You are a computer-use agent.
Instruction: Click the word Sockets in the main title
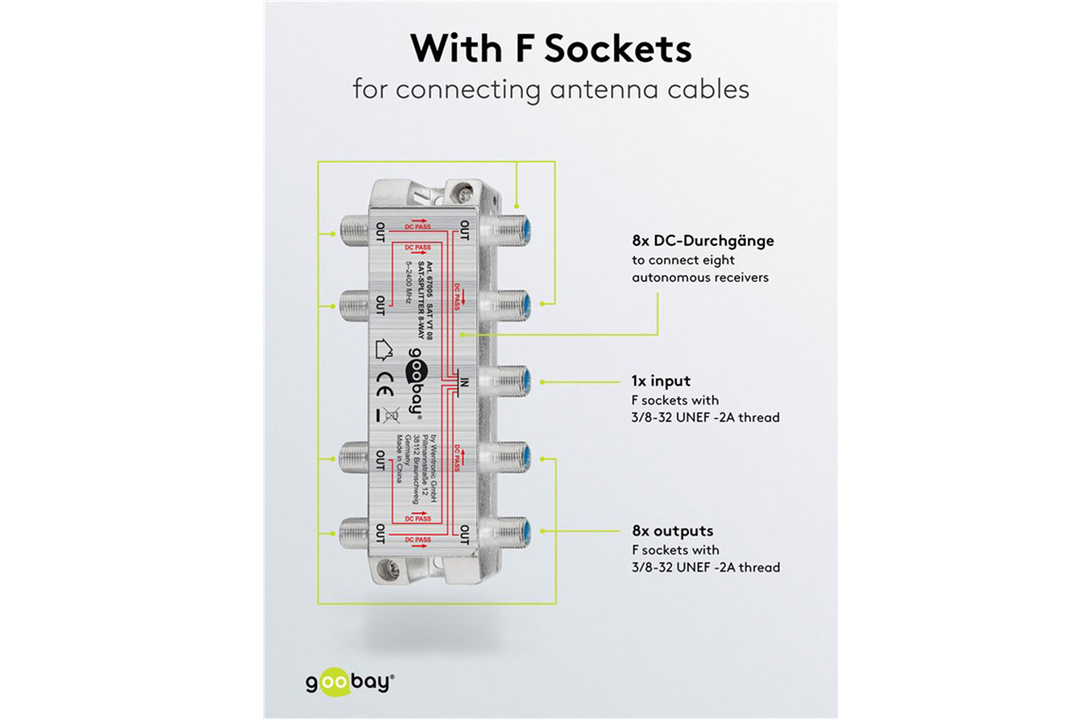tap(617, 49)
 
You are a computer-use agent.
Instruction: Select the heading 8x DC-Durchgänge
tap(703, 240)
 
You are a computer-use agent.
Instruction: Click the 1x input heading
tap(661, 381)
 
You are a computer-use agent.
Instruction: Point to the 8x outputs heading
tap(672, 530)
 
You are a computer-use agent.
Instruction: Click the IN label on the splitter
tap(464, 382)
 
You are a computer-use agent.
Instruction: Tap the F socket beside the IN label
tap(509, 381)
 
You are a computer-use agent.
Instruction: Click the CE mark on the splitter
tap(385, 384)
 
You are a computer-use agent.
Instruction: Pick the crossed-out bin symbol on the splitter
tap(392, 415)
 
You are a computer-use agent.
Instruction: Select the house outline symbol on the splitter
tap(384, 350)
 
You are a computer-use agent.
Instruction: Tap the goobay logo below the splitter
tap(350, 682)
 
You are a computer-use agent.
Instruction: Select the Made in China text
tap(399, 459)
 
